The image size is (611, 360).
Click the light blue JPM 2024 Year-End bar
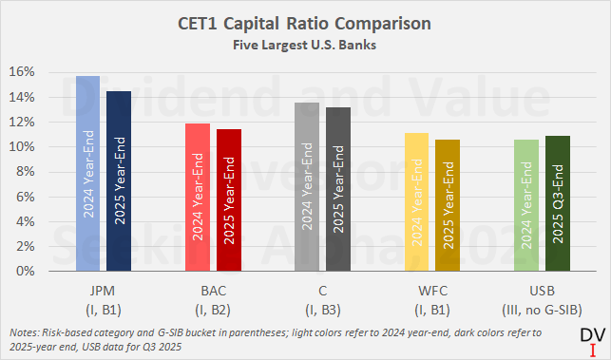(x=87, y=174)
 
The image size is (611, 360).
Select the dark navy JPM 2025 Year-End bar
(x=119, y=181)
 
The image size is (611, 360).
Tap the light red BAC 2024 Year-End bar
(x=198, y=198)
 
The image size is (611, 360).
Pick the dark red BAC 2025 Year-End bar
(x=229, y=199)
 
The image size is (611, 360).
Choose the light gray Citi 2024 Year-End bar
(x=307, y=186)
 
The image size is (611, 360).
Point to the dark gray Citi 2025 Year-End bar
(x=338, y=189)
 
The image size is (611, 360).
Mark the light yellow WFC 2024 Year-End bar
(x=416, y=201)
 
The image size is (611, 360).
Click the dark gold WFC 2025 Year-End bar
(x=448, y=205)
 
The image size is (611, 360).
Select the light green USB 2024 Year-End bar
(x=526, y=205)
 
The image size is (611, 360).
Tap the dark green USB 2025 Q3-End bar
(x=558, y=203)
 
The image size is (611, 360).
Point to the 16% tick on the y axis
(x=25, y=72)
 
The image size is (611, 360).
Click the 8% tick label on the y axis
(x=26, y=172)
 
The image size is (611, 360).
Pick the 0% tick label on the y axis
(x=26, y=271)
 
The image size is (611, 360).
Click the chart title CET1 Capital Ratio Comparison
(x=304, y=24)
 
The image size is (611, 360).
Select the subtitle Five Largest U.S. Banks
(x=304, y=45)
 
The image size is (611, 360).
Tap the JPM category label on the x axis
(x=103, y=291)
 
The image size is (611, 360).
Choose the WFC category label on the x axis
(x=432, y=291)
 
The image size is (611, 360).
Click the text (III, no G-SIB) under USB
(x=542, y=310)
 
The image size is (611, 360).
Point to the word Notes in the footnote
(x=24, y=332)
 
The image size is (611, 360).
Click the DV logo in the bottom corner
(x=593, y=342)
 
